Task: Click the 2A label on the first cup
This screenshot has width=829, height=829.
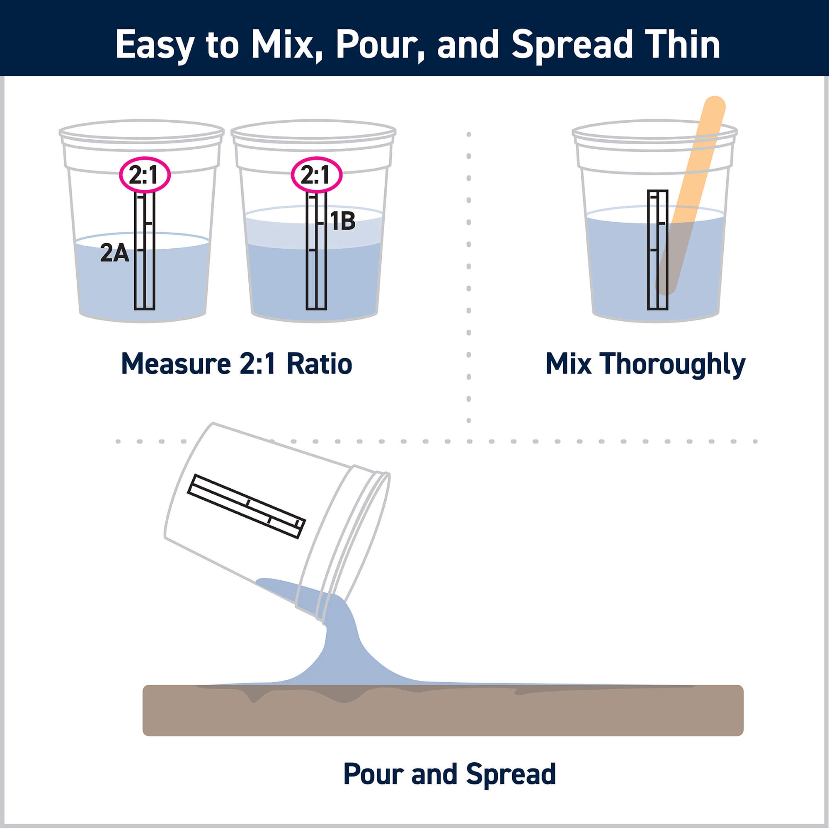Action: point(114,253)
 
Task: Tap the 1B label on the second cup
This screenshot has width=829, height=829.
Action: point(343,221)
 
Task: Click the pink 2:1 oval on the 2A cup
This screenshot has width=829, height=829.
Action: point(145,175)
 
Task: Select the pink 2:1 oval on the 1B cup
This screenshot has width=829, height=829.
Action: point(316,175)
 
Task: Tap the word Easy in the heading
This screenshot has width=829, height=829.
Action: point(155,45)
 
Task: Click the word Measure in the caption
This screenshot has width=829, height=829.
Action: point(175,364)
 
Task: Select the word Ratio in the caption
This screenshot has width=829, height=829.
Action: point(319,364)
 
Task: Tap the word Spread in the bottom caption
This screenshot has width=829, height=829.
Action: point(511,774)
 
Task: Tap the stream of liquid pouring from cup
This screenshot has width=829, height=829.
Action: point(341,644)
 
